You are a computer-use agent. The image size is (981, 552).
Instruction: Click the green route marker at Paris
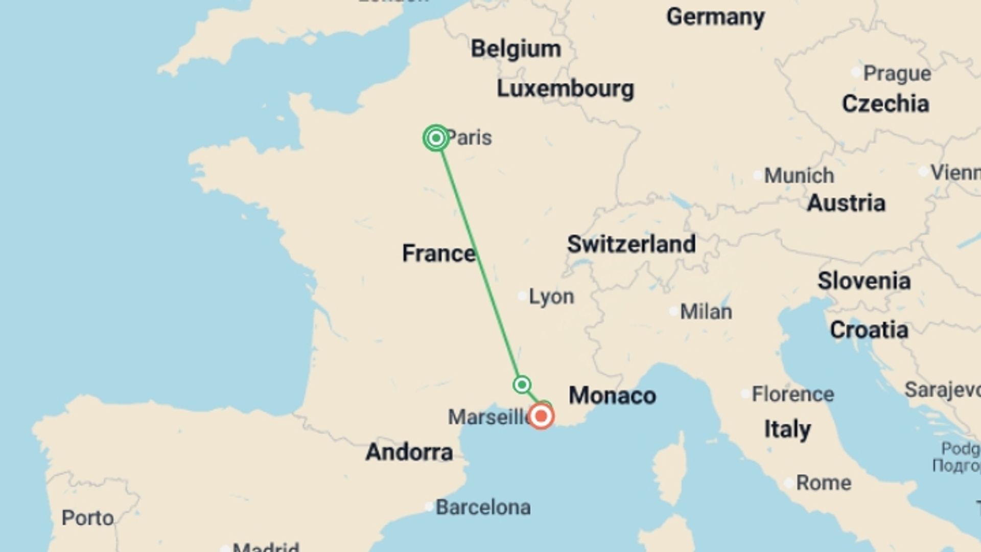point(436,138)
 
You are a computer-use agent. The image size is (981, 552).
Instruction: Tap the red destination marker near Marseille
point(541,416)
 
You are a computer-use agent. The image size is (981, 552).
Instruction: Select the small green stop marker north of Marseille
point(522,384)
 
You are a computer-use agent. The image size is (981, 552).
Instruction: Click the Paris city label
point(469,138)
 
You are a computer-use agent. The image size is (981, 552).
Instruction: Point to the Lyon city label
point(551,296)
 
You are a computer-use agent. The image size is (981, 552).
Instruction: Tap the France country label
point(438,254)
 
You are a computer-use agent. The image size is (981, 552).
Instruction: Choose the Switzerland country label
point(631,244)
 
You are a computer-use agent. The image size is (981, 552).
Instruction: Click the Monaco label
point(612,396)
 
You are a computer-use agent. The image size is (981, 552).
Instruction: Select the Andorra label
point(409,452)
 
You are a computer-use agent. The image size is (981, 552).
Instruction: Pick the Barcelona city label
point(483,508)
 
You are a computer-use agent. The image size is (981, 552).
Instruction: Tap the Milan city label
point(706,312)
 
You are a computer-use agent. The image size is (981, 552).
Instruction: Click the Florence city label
point(792,395)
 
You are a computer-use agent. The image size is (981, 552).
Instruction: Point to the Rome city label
point(823,483)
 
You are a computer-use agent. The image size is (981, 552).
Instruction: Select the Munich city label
point(799,176)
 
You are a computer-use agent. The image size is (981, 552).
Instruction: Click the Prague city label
point(897,74)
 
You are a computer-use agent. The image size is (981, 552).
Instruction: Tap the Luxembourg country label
point(565,89)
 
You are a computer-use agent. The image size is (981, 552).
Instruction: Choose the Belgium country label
point(516,49)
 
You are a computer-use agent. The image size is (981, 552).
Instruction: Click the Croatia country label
point(869,330)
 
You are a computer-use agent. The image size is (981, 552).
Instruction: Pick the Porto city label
point(87,518)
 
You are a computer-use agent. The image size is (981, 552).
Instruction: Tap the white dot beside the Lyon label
point(522,296)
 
